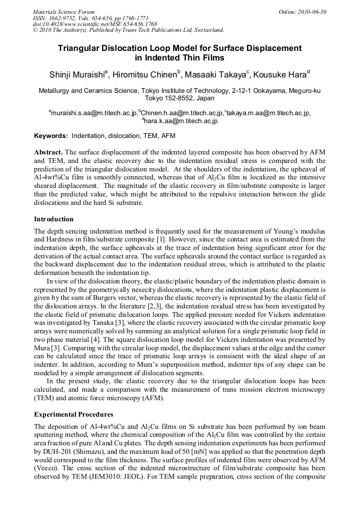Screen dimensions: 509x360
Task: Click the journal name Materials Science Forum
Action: (64, 12)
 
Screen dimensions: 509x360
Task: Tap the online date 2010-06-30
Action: (312, 12)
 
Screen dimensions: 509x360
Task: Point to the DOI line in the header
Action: (95, 24)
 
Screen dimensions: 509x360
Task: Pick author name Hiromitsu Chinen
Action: (147, 74)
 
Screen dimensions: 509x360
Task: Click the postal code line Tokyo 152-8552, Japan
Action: (179, 98)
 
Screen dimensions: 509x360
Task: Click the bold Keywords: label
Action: (51, 135)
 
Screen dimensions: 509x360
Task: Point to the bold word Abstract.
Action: (48, 152)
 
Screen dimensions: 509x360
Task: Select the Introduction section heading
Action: (54, 219)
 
